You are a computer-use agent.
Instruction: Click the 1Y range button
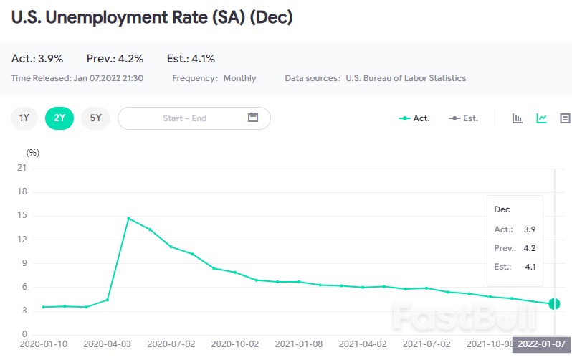24,118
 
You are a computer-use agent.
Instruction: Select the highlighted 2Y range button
59,118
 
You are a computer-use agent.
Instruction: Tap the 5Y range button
95,118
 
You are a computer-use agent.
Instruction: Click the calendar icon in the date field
253,118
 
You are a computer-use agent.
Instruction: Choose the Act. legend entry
414,118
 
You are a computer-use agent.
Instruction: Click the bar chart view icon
518,118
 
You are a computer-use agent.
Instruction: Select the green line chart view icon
542,118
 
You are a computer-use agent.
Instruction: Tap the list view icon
565,118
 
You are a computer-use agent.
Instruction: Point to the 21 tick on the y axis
22,169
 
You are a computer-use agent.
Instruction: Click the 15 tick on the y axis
22,216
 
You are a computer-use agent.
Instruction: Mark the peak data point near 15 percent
128,218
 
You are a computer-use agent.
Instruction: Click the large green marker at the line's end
554,303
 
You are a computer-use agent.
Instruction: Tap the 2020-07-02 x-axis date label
170,344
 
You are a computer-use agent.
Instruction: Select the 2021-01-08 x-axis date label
298,344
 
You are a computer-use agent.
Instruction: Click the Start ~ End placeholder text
184,118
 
